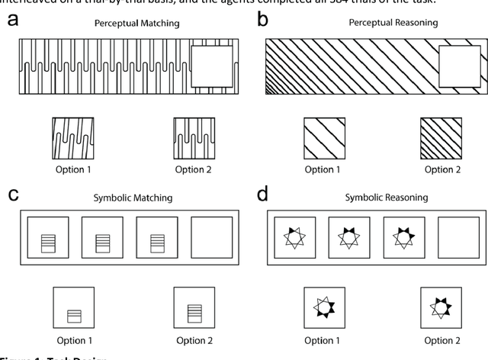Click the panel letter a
pos(14,20)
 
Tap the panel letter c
pos(14,194)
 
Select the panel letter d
pos(264,194)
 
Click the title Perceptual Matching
pos(136,24)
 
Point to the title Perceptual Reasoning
pos(383,24)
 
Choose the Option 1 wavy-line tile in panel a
pos(72,137)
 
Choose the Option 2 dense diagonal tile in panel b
pos(440,137)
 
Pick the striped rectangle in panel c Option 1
pos(72,313)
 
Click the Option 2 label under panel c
pos(193,341)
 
